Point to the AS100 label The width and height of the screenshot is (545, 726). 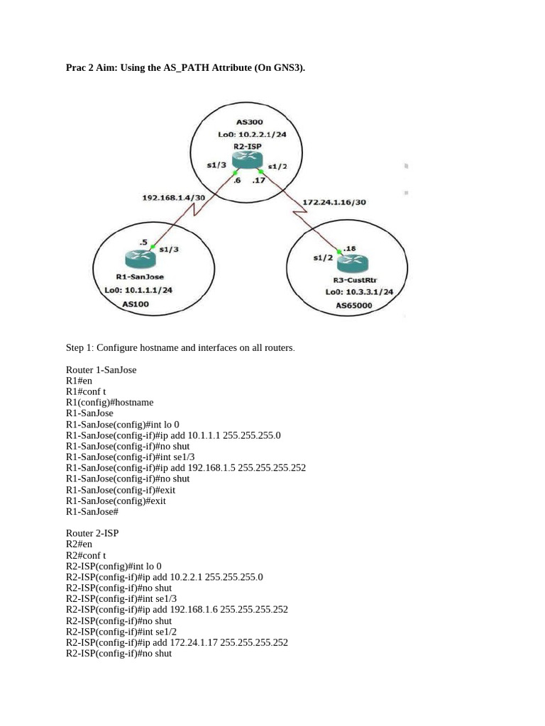136,303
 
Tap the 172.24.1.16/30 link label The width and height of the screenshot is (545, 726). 334,202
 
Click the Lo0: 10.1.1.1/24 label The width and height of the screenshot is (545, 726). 138,290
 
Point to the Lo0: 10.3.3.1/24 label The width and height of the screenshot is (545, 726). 359,291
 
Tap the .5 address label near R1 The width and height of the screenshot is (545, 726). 144,242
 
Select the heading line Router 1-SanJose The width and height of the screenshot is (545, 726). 101,369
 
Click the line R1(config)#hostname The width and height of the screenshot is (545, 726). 109,402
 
